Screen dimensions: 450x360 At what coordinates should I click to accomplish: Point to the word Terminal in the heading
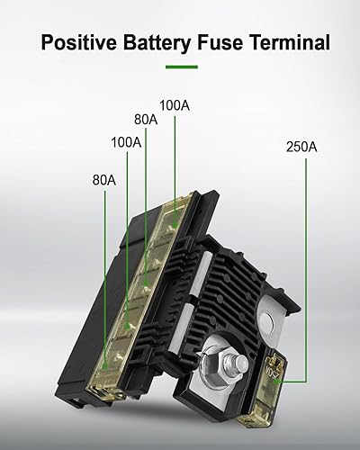tap(293, 42)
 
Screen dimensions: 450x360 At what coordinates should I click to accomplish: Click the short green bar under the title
tap(181, 67)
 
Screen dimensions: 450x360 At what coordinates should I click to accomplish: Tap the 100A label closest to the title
tap(174, 106)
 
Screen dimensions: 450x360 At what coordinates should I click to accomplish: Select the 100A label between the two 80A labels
tap(127, 142)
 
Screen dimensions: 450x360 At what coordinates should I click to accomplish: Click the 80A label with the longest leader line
tap(104, 179)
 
